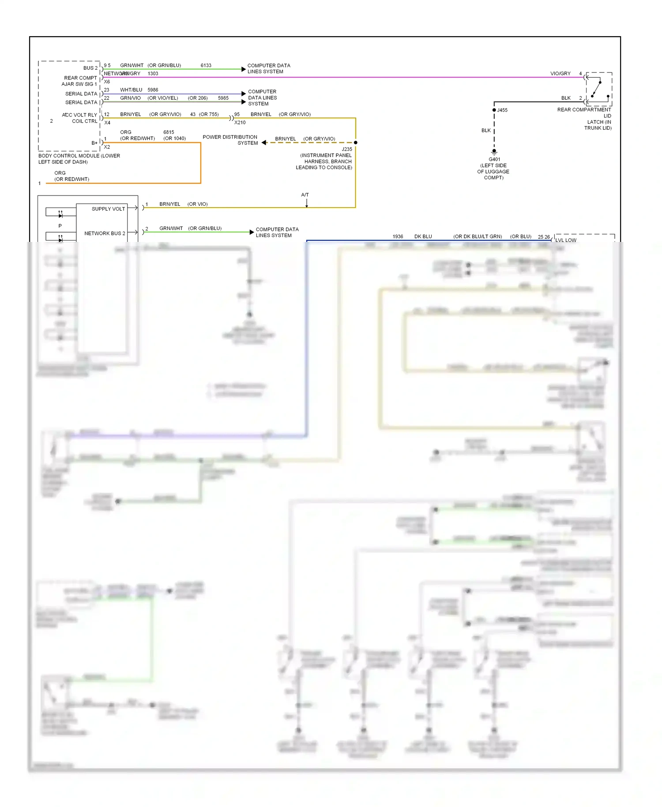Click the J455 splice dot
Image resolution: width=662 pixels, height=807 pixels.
494,110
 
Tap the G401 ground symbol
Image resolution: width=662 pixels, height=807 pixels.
494,152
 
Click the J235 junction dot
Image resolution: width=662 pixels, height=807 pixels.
355,143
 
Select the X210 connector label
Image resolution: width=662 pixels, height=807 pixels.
240,123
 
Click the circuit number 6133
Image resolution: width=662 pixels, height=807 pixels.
206,65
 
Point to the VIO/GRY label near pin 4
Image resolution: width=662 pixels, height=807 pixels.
560,73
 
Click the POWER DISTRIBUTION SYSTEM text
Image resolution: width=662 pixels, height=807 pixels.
230,140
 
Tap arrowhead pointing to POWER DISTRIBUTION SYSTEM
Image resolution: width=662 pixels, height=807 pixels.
264,143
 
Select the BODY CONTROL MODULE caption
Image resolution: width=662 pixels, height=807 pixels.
79,159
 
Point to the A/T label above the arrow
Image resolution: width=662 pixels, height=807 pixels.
305,195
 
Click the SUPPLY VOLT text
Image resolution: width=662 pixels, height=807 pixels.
108,209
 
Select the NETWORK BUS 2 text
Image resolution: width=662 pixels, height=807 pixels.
105,233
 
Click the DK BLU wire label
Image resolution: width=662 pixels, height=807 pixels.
423,237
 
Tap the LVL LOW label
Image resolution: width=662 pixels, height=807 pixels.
565,240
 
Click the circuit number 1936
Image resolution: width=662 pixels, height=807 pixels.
398,237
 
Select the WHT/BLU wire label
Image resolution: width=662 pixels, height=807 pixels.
131,90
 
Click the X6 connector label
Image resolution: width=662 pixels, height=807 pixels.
107,82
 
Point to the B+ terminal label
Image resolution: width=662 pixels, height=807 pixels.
94,143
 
